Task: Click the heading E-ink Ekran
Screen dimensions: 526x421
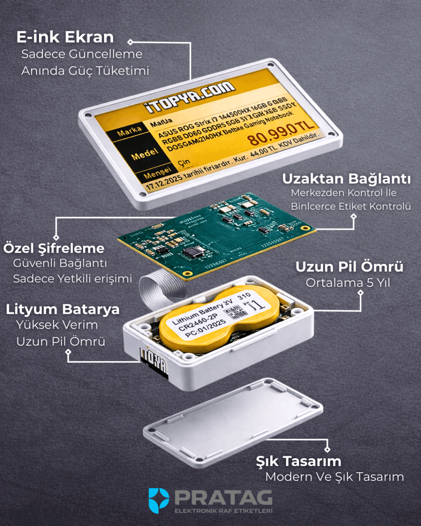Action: pos(65,37)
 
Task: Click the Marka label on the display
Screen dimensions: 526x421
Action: pos(129,131)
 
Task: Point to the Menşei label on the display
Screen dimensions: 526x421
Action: pos(157,173)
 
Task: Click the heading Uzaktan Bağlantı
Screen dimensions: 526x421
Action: pos(346,179)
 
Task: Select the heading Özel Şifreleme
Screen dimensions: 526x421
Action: pos(54,248)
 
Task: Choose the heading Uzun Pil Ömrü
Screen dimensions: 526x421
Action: pos(349,267)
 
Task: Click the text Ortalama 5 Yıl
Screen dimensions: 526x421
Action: pos(348,283)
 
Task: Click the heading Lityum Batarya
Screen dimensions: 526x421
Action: pos(62,309)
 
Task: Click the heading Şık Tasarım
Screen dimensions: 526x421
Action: pos(298,461)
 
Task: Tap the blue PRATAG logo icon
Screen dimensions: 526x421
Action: pos(159,500)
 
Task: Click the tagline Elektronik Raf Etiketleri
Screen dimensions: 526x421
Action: pos(223,511)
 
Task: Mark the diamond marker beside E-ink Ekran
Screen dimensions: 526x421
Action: pos(130,42)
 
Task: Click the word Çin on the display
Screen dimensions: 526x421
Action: pos(184,161)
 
